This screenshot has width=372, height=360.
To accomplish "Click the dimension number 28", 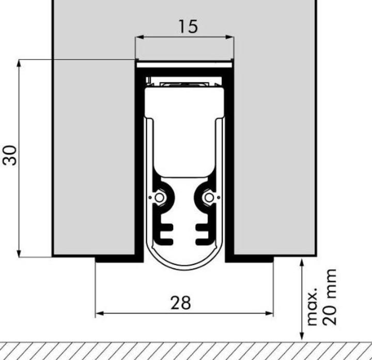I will click(180, 303).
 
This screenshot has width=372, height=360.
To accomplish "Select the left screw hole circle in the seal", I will click(160, 198).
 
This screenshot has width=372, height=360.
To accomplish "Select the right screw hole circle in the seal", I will click(208, 198).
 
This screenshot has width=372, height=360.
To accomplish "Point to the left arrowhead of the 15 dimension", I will click(138, 37).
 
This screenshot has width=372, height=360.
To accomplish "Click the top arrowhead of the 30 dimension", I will click(20, 63).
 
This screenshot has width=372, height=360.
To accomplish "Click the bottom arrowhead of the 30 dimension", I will click(20, 253).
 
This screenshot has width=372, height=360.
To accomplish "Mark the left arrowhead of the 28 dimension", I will click(99, 313).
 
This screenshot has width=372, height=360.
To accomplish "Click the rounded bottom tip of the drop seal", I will click(184, 266).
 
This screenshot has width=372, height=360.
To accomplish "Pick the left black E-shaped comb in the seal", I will click(164, 233).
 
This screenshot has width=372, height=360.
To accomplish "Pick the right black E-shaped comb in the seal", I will click(203, 233).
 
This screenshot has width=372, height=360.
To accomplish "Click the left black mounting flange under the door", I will click(116, 259).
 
